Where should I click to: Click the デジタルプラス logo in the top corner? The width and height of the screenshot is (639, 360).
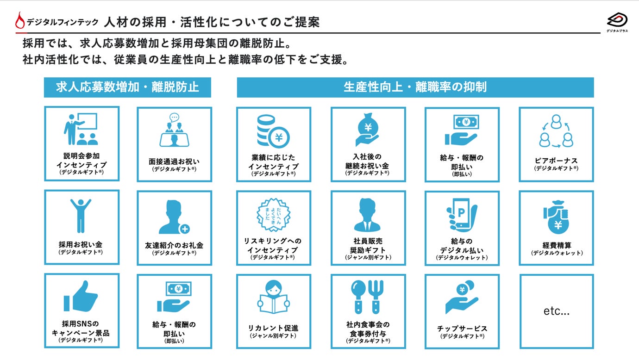coord(617,21)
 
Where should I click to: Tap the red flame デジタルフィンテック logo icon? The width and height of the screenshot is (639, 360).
coord(20,21)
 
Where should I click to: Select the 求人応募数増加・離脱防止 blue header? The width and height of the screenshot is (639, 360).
coord(127,87)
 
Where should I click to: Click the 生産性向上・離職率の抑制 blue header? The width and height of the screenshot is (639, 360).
coord(415,87)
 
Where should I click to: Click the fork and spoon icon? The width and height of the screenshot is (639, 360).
coord(368,297)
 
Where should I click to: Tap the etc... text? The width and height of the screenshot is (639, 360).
coord(556,311)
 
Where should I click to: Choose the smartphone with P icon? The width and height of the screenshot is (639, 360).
coord(462,214)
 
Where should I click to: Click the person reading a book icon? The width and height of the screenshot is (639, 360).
coord(273,298)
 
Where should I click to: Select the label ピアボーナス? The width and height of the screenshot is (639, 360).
coord(556,161)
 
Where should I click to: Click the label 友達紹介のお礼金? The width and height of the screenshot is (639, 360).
coord(174,245)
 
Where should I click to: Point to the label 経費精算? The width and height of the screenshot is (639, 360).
coord(557,245)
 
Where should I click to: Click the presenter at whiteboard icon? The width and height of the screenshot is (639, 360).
coord(81,129)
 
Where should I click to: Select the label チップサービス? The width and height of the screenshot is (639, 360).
coord(462,329)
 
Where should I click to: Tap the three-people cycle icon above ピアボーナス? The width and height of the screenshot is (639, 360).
coord(556,131)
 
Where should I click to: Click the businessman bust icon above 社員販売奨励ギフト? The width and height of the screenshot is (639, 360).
coord(368,215)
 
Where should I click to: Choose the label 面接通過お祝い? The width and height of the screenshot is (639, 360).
coord(174,161)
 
